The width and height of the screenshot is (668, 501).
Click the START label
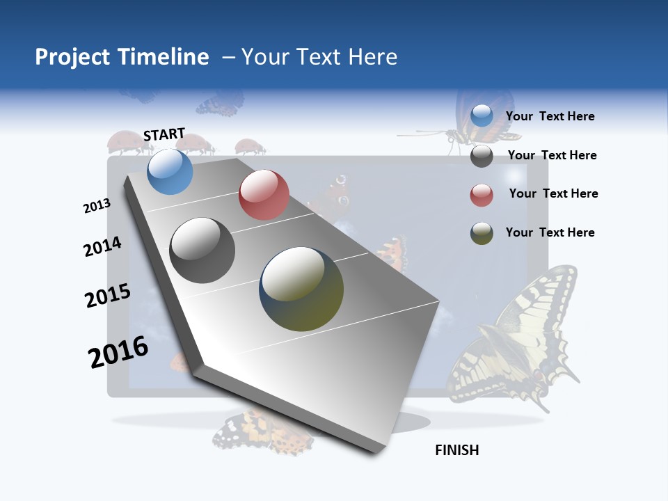[164, 134]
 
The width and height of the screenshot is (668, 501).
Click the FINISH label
[457, 450]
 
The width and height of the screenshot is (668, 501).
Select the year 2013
[97, 206]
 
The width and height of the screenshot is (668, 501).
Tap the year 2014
[102, 247]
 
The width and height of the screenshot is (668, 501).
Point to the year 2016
[118, 352]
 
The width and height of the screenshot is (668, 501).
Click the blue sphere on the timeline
[170, 171]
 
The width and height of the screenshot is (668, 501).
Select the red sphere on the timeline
[264, 195]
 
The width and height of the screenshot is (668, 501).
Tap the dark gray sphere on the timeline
[202, 250]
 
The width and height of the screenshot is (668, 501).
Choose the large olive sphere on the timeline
[301, 289]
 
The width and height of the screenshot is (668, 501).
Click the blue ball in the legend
[482, 116]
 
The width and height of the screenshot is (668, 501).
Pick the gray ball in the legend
[482, 156]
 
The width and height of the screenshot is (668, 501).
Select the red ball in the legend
[482, 195]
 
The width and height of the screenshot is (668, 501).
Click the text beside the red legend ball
[553, 193]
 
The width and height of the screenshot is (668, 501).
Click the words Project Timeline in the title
[122, 57]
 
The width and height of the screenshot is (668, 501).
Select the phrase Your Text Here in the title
[319, 57]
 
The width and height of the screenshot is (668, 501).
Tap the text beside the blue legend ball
[550, 116]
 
